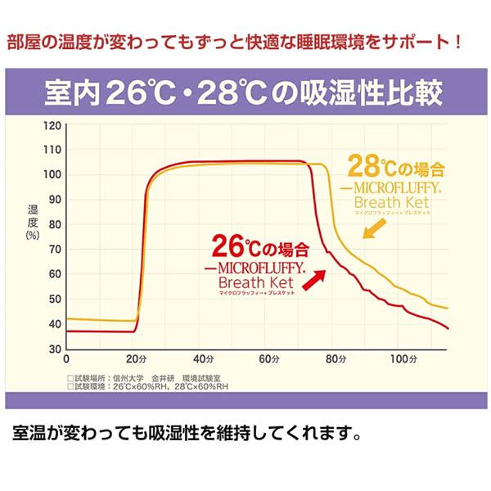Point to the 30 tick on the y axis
(55, 349)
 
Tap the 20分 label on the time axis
(135, 359)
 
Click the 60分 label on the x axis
(269, 359)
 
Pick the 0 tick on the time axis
(66, 359)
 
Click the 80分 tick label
(336, 359)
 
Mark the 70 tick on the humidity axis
(55, 249)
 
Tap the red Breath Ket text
(261, 282)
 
